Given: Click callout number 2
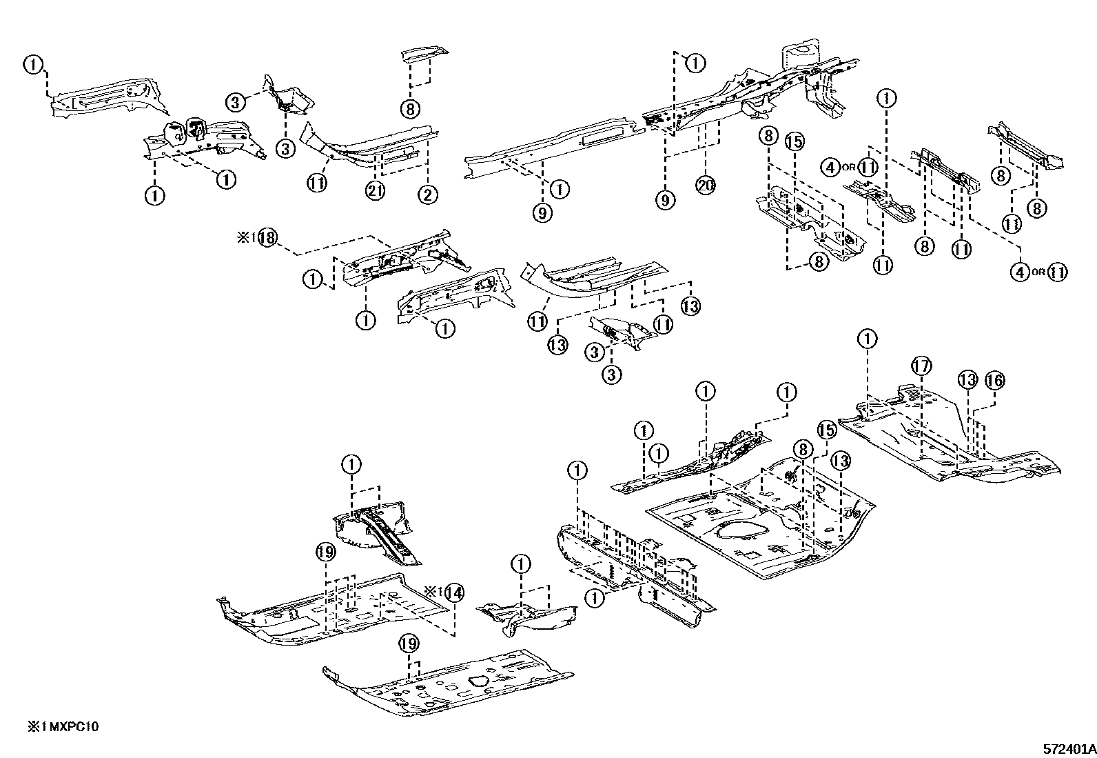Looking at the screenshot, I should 427,195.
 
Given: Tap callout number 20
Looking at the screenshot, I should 706,185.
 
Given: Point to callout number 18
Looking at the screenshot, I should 268,237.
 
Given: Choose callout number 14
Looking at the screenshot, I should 453,592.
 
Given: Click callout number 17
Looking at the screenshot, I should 921,366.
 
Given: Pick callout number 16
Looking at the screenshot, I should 994,380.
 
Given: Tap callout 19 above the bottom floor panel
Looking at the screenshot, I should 409,644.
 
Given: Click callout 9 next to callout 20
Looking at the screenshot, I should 666,200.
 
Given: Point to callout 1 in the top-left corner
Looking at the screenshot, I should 32,64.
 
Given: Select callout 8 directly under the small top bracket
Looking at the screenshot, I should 409,108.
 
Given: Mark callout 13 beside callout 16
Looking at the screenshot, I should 967,379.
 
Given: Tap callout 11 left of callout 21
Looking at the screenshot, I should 317,183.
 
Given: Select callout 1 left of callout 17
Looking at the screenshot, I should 868,339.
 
